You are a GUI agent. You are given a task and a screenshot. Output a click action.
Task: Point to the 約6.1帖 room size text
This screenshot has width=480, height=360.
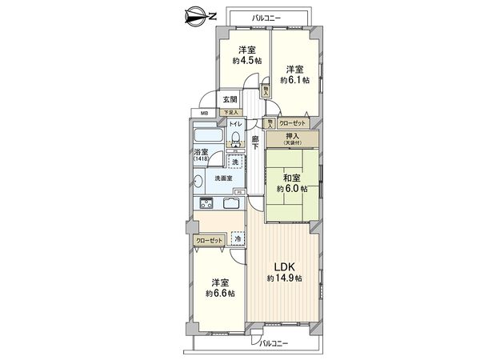295,81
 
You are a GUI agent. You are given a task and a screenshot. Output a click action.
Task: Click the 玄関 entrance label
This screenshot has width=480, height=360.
230,99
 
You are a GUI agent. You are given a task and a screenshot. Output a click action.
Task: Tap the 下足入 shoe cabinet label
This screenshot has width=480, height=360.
230,113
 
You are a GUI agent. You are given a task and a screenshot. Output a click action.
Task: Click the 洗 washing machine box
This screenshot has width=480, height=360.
235,162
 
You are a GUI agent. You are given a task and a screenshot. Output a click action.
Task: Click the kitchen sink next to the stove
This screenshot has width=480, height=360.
230,204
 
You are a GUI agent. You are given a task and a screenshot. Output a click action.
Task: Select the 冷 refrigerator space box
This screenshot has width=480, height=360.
238,238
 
